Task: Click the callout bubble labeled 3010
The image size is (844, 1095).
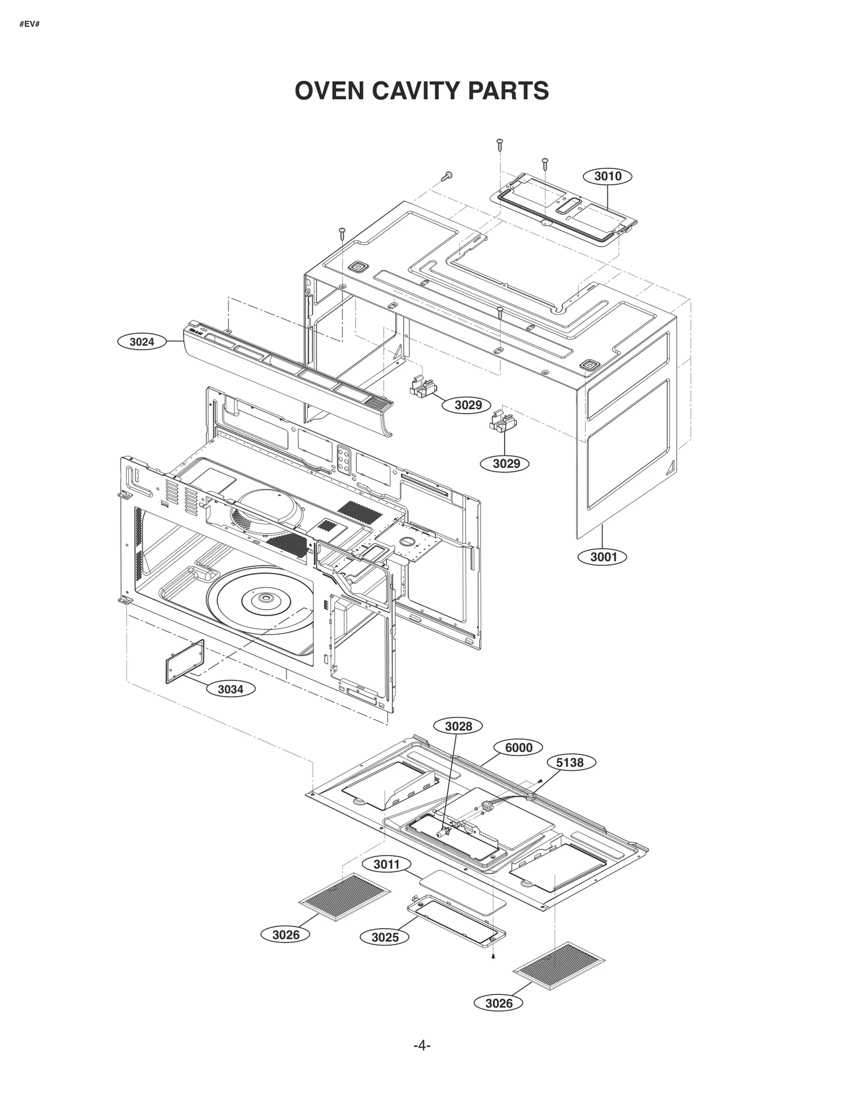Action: tap(608, 176)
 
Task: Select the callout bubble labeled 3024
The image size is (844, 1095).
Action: tap(141, 342)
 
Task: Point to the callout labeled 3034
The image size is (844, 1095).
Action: tap(231, 689)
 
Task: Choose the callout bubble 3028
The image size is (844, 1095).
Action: tap(458, 726)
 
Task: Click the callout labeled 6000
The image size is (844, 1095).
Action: tap(519, 748)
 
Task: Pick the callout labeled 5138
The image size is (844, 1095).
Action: tap(570, 762)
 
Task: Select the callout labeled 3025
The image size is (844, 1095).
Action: tap(385, 937)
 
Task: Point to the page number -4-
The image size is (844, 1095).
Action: tap(422, 1045)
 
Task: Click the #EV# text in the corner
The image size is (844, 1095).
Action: tap(30, 24)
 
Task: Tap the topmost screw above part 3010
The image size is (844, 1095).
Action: tap(499, 143)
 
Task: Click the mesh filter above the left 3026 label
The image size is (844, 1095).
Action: tap(345, 897)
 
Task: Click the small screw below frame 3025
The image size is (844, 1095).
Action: tap(493, 956)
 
